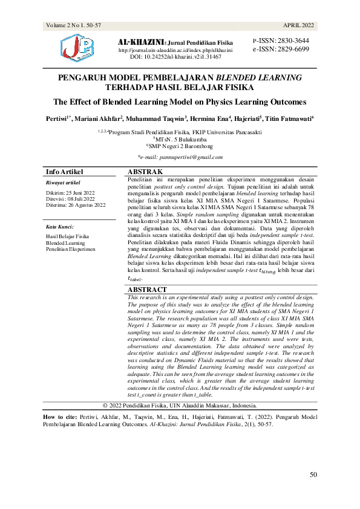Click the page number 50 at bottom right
313,475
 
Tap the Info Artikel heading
65,172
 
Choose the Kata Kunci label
60,227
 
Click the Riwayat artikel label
63,183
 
